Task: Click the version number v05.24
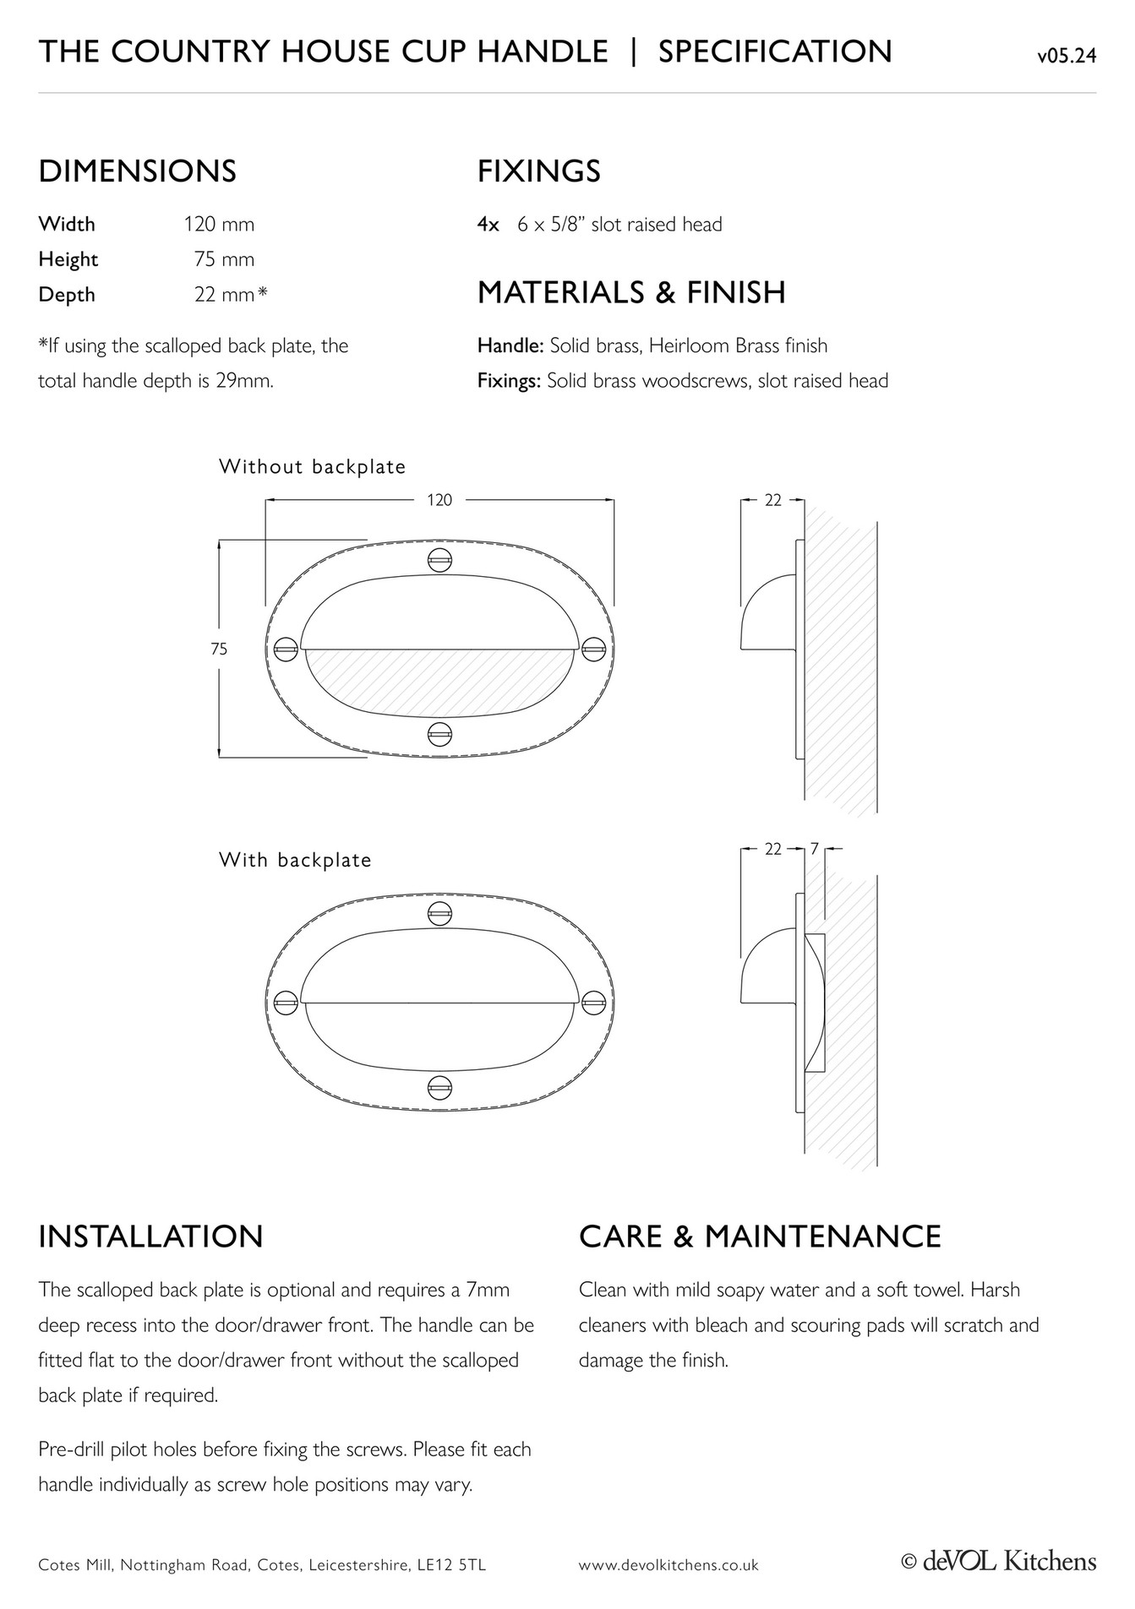tap(1067, 57)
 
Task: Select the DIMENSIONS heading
tap(137, 171)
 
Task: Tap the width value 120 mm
tap(219, 225)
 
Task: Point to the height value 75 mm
tap(224, 259)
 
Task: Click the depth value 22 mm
tap(225, 295)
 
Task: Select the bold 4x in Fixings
tap(488, 225)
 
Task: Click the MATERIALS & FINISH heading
tap(631, 293)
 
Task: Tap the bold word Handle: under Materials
tap(510, 345)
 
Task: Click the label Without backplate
tap(312, 467)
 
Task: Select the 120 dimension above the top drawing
tap(439, 500)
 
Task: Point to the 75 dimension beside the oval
tap(219, 650)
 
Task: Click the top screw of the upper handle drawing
tap(439, 560)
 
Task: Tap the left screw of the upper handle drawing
tap(286, 650)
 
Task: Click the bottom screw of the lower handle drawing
tap(439, 1085)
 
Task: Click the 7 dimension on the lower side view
tap(814, 849)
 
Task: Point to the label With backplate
tap(295, 860)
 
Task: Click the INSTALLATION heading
tap(151, 1237)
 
